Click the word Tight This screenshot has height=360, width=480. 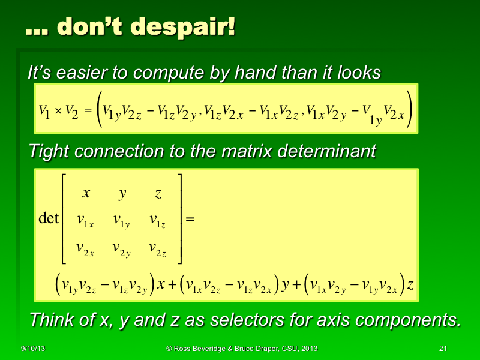[50, 151]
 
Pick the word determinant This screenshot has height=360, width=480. [327, 151]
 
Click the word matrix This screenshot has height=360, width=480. [248, 151]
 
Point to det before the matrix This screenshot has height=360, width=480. [48, 218]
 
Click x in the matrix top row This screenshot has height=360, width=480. [86, 193]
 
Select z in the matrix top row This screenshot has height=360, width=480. [158, 193]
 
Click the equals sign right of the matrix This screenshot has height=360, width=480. [191, 220]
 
